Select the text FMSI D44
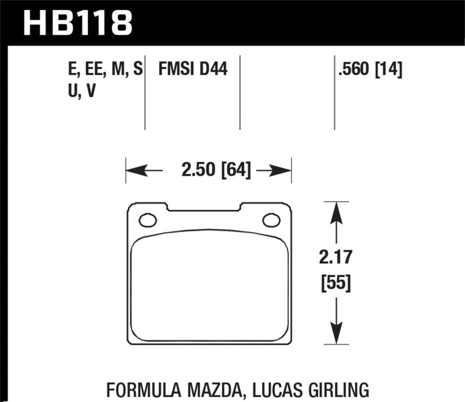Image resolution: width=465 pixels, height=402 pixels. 192,70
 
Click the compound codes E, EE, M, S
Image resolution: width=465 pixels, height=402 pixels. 105,70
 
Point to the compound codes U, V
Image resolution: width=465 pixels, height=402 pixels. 82,91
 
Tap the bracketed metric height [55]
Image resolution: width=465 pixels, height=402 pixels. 334,284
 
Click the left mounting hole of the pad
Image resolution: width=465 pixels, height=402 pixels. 148,220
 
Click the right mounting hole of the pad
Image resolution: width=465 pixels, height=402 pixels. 271,220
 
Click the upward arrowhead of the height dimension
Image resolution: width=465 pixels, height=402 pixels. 334,209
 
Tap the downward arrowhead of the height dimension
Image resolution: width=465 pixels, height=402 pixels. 334,337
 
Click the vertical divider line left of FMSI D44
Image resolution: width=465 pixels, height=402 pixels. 145,93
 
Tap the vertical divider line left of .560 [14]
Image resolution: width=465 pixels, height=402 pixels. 334,93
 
